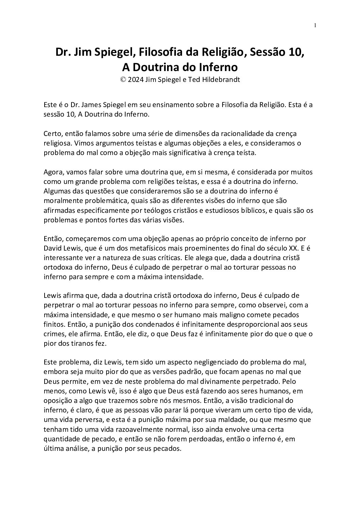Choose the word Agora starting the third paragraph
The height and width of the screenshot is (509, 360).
pyautogui.click(x=52, y=172)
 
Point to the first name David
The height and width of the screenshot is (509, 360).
pyautogui.click(x=52, y=248)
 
